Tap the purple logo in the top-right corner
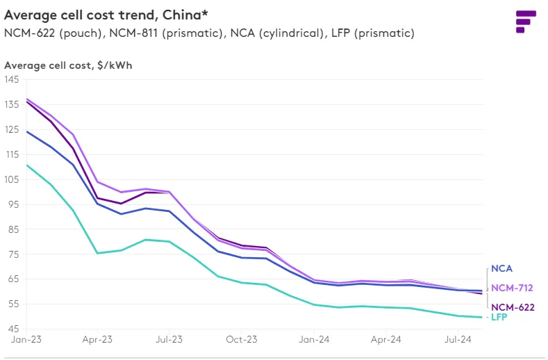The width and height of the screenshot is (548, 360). point(526,21)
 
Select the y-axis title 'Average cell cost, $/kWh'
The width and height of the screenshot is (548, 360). point(68,65)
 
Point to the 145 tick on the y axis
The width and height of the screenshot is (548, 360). point(11,79)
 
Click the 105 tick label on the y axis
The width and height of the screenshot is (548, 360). point(11,179)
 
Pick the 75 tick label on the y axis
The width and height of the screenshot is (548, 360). point(13,254)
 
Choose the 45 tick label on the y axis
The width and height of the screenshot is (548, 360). point(13,329)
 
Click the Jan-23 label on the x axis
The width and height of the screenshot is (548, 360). point(25,341)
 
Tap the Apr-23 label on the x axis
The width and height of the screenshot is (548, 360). point(97,341)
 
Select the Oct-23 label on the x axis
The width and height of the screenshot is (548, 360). point(242,341)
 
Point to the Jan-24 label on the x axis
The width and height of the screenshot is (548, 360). point(315,341)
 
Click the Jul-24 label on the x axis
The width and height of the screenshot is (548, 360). point(459,341)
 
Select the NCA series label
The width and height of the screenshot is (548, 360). point(501,268)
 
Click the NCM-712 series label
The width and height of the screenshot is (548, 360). point(513,288)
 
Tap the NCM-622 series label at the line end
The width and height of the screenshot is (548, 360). point(513,306)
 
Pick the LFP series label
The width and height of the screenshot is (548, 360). point(499,318)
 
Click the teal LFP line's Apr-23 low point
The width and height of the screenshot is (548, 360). point(97,253)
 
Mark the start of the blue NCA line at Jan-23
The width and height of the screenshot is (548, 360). point(26,131)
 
